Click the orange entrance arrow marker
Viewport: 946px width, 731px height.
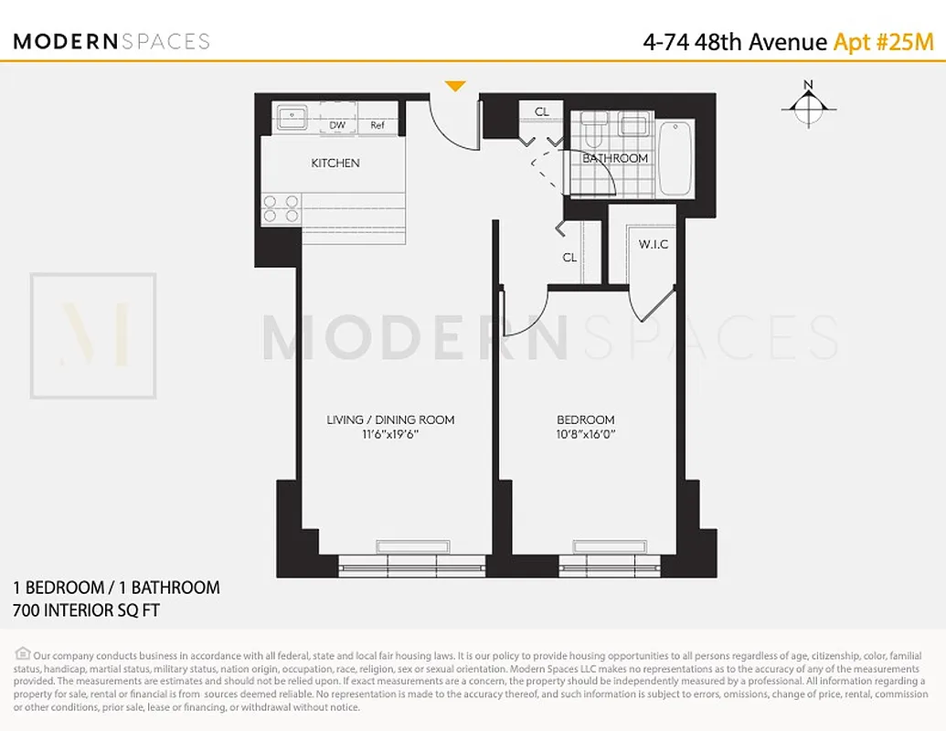coord(455,86)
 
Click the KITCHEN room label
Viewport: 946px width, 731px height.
coord(335,164)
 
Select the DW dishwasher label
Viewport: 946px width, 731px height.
coord(336,126)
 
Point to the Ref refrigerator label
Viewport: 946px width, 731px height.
coord(377,126)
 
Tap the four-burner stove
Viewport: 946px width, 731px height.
coord(281,209)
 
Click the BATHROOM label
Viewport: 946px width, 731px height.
coord(615,158)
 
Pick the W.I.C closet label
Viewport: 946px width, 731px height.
coord(654,244)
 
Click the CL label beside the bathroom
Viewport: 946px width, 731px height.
coord(542,111)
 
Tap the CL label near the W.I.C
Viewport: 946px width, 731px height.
coord(569,258)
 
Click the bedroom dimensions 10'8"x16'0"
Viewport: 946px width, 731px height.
coord(586,435)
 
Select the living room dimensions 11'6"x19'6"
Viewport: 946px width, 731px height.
coord(390,435)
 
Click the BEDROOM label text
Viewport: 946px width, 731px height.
coord(586,420)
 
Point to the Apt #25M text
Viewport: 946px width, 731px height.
coord(883,42)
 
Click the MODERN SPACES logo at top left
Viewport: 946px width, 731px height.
coord(112,41)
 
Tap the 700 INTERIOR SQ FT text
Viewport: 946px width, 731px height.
coord(86,610)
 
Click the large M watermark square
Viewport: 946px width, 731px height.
coord(93,335)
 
